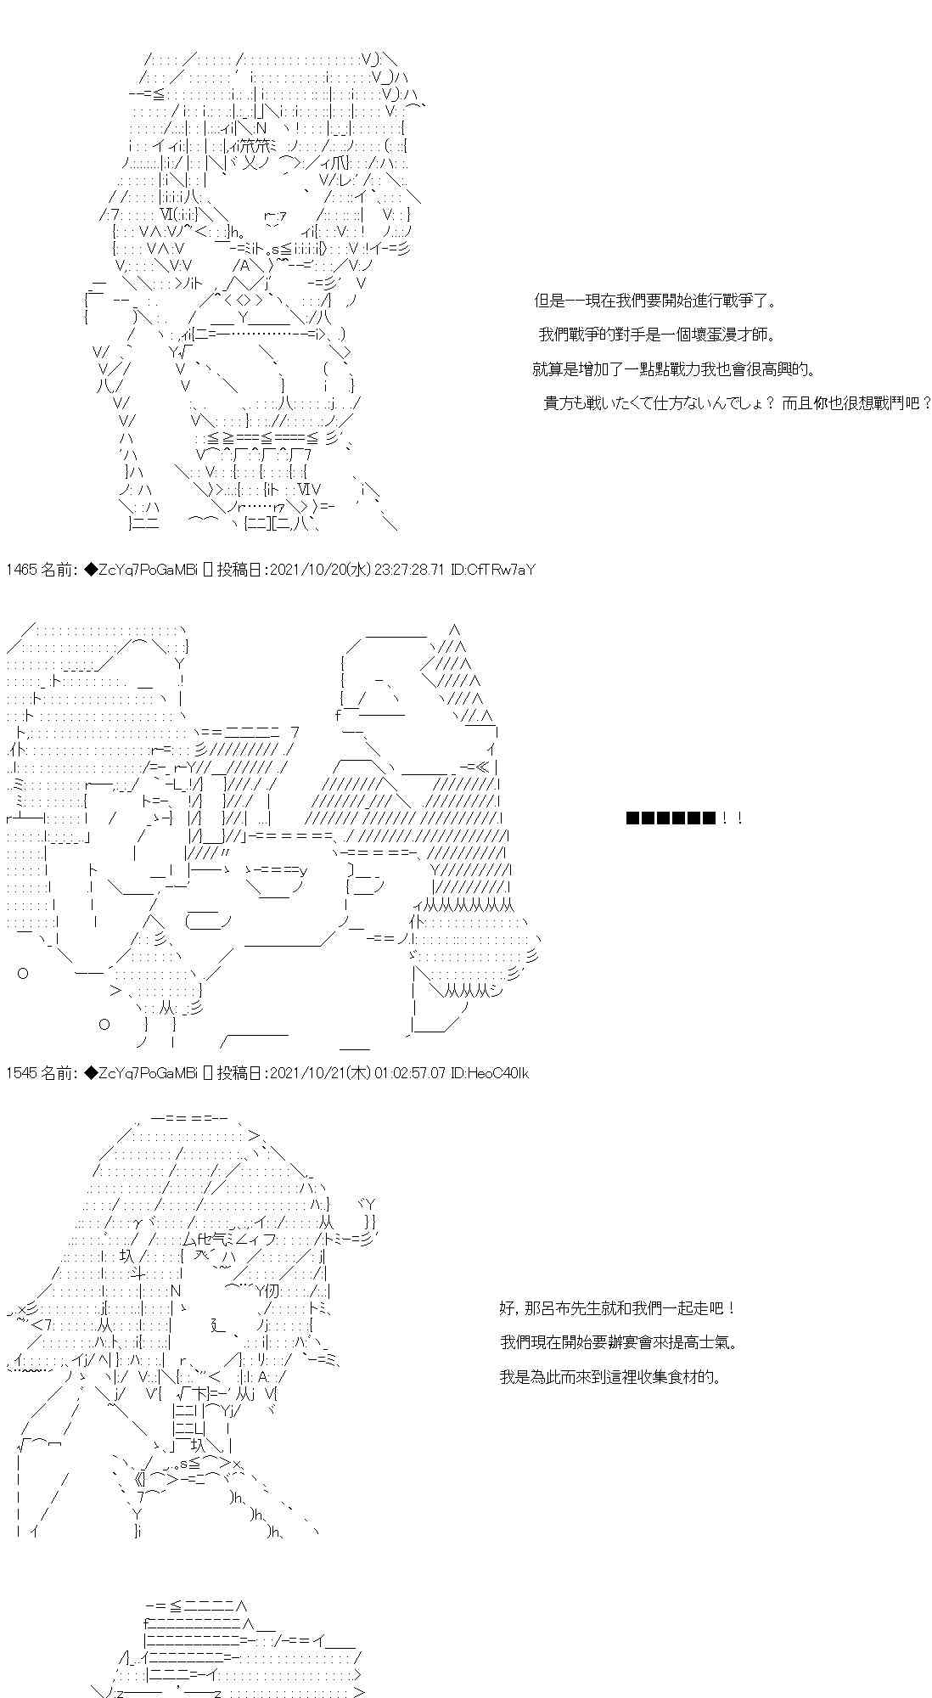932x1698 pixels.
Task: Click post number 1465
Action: click(x=20, y=570)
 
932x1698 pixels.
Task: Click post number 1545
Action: click(x=20, y=1073)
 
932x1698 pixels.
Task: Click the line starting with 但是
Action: click(x=654, y=301)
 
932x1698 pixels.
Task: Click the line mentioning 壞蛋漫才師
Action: click(x=656, y=335)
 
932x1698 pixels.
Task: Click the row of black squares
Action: click(x=670, y=818)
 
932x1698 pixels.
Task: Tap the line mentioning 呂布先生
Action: click(x=617, y=1308)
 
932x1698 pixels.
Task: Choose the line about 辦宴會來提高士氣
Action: click(x=618, y=1342)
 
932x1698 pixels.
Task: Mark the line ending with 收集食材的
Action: click(x=610, y=1376)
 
